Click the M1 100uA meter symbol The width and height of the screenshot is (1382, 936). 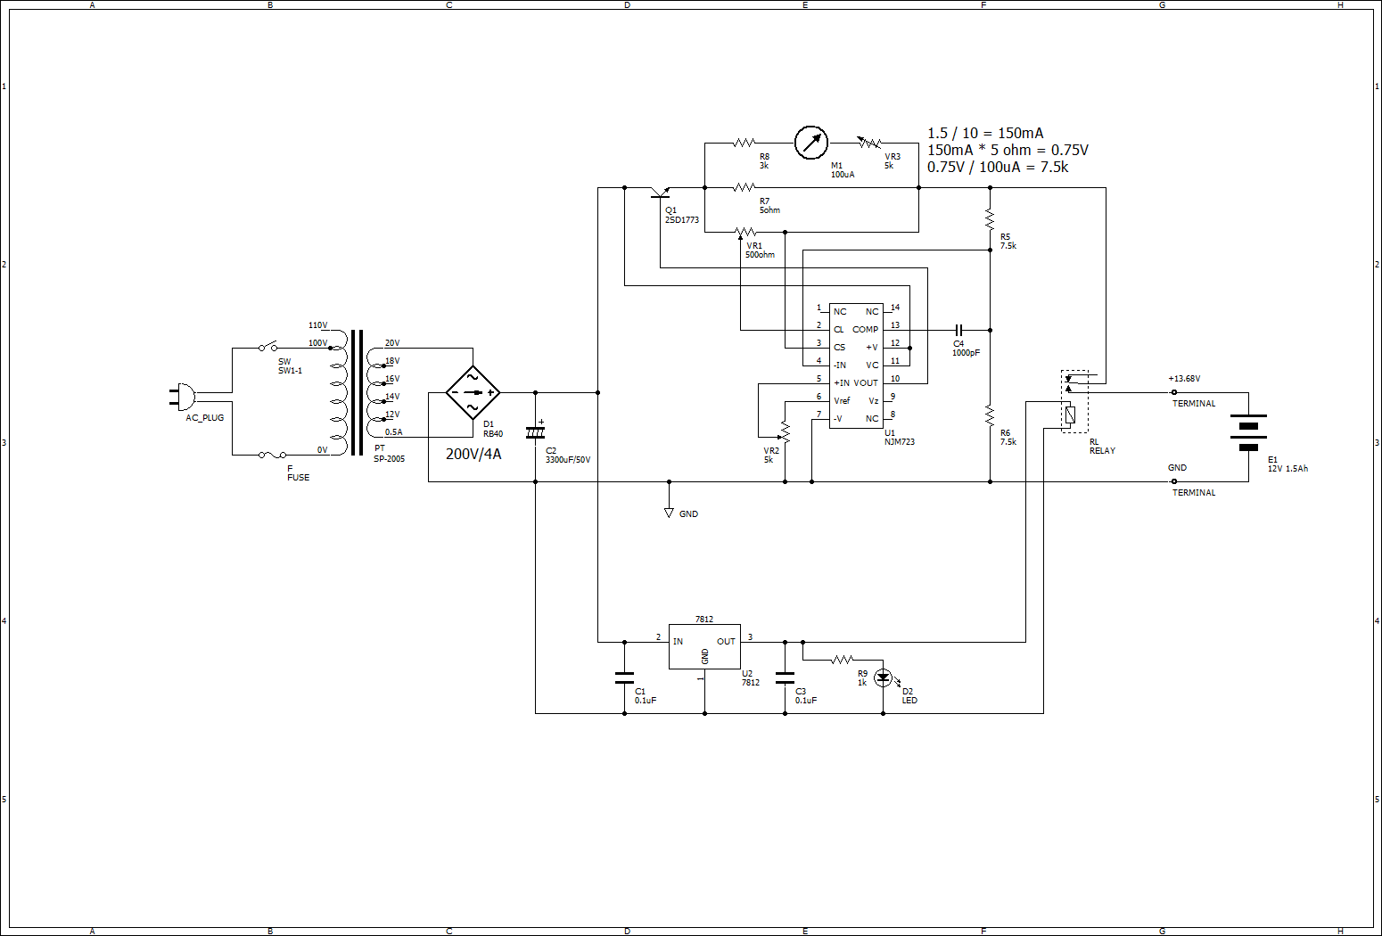pyautogui.click(x=810, y=143)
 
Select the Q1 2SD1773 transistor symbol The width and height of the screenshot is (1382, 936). pyautogui.click(x=661, y=191)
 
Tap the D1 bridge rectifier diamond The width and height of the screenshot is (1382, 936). pyautogui.click(x=473, y=392)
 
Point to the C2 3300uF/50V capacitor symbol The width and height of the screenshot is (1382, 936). pyautogui.click(x=535, y=432)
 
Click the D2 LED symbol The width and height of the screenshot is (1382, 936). pyautogui.click(x=884, y=677)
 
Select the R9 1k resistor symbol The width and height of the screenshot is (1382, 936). pyautogui.click(x=843, y=660)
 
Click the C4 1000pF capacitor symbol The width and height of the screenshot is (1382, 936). pyautogui.click(x=958, y=330)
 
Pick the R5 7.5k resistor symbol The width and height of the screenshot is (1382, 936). pyautogui.click(x=990, y=218)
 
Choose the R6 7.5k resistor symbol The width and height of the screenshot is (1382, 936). pyautogui.click(x=990, y=415)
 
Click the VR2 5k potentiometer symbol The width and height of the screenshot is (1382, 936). pyautogui.click(x=785, y=432)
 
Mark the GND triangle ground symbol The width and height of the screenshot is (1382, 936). pyautogui.click(x=669, y=513)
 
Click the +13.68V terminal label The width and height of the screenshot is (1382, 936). pyautogui.click(x=1184, y=379)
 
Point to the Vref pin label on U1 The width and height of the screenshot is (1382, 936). pyautogui.click(x=842, y=401)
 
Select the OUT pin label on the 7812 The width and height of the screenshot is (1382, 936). pyautogui.click(x=726, y=642)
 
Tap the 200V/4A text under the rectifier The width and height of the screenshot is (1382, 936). pyautogui.click(x=473, y=454)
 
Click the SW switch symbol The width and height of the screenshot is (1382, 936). pyautogui.click(x=267, y=346)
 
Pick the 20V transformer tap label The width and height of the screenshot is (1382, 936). pyautogui.click(x=392, y=343)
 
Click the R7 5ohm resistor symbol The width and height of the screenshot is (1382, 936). pyautogui.click(x=744, y=187)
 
